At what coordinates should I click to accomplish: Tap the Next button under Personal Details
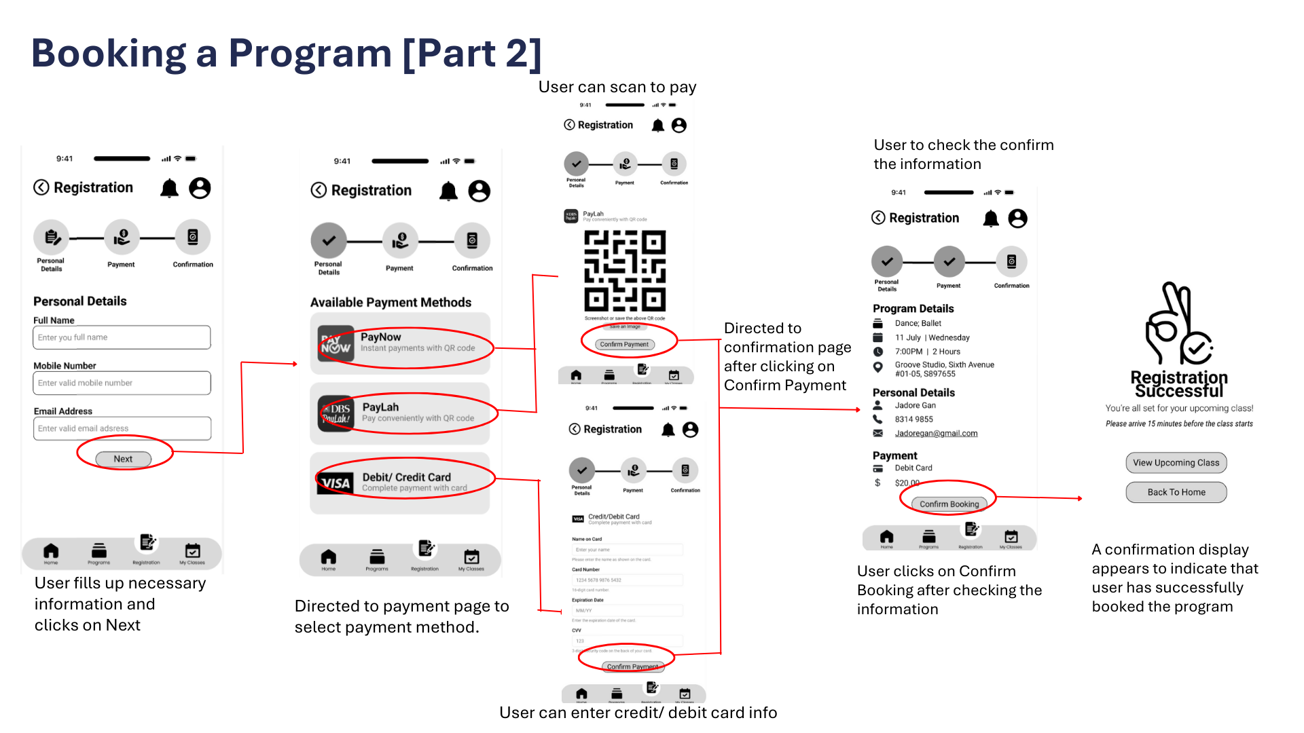click(123, 459)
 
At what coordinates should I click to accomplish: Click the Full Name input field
click(122, 337)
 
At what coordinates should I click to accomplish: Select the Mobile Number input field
click(122, 383)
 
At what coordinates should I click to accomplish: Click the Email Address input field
click(122, 428)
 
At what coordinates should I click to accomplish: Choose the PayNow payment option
click(400, 343)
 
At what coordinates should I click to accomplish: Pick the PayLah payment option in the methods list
click(400, 413)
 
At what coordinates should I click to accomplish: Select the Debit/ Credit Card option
click(400, 483)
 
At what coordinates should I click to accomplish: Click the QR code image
click(625, 271)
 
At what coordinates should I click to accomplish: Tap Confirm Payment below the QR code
click(624, 344)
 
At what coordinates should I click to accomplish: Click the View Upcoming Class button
click(1176, 463)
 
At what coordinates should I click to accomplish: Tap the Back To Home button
click(1176, 492)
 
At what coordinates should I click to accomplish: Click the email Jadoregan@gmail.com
click(936, 434)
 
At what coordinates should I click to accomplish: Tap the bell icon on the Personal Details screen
click(169, 188)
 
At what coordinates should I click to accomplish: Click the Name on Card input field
click(628, 550)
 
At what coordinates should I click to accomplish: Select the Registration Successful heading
click(1179, 384)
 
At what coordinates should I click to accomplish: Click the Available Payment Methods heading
click(391, 303)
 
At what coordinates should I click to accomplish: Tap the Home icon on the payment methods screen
click(329, 558)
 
